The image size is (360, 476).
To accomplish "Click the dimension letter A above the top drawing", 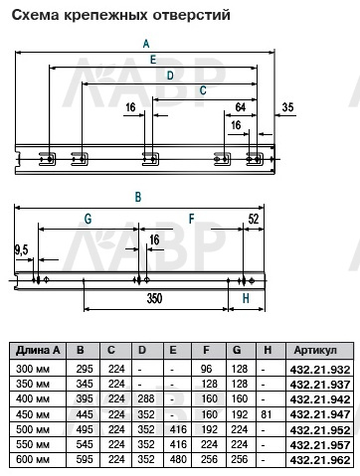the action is click(x=146, y=44).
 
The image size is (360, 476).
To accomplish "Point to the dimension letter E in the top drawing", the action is click(x=153, y=60).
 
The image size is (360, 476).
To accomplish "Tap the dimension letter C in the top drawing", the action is click(x=203, y=90).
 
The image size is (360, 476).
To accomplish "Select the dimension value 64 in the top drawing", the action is click(x=240, y=107).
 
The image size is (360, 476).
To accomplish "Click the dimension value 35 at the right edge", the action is click(x=287, y=107).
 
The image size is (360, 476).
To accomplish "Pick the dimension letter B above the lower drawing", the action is click(x=138, y=197).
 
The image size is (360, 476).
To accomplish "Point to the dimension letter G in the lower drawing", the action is click(x=88, y=219).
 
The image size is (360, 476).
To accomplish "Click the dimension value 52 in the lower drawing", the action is click(x=254, y=219).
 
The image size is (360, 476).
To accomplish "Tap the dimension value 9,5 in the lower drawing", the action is click(x=21, y=250).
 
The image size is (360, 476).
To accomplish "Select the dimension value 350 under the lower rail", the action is click(x=154, y=298).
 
